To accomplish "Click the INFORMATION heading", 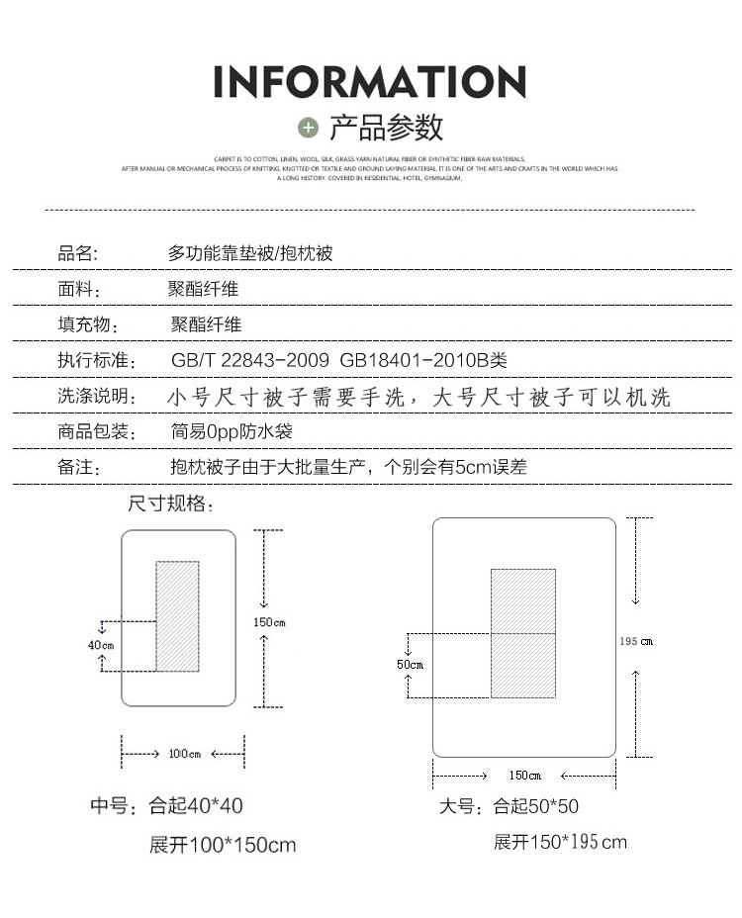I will (x=370, y=81).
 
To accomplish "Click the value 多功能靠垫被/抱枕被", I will (x=250, y=254).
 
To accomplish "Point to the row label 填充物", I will (x=88, y=325).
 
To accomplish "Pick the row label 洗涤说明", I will (x=95, y=397).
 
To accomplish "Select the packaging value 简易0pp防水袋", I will (x=232, y=432).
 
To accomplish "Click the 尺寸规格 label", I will (x=171, y=504).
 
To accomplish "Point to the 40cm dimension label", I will (x=101, y=645).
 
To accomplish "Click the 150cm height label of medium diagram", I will (x=269, y=622).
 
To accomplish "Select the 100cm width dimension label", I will (x=184, y=754).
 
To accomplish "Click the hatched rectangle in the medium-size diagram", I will (x=177, y=616).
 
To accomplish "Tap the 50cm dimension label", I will (x=410, y=665).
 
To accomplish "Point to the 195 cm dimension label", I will (x=636, y=641).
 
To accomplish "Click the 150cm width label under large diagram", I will (x=524, y=775).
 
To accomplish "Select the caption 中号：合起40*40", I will (x=166, y=806).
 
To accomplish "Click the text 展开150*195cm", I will (x=560, y=842).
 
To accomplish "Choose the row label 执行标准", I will (x=95, y=361).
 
